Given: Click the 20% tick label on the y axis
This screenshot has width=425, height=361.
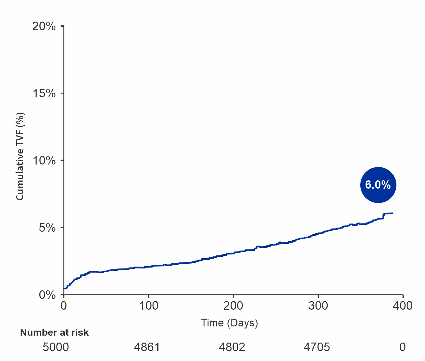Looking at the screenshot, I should [x=44, y=26].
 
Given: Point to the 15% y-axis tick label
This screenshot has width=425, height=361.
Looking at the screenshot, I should [x=44, y=93].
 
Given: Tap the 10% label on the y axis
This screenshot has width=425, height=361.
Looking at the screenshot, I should [x=44, y=161].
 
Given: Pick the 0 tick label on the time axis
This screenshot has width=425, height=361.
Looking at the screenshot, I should [x=64, y=306].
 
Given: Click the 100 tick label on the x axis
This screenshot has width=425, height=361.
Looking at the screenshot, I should [x=148, y=306].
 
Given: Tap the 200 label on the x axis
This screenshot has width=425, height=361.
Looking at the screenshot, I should [x=233, y=306].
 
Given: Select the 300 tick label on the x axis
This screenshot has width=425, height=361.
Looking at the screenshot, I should [x=318, y=306].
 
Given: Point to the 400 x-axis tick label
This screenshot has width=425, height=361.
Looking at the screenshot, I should [x=402, y=306].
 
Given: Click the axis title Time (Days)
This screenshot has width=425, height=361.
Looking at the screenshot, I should [x=229, y=323].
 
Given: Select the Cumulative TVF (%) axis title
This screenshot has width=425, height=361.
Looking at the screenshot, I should [x=20, y=156].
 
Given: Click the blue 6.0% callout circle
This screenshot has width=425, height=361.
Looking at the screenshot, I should [x=378, y=185].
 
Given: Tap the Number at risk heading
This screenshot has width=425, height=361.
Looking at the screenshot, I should [x=54, y=332].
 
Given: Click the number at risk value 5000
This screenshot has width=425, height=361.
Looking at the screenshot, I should [x=56, y=347].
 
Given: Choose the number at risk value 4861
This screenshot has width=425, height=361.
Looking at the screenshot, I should [x=147, y=347].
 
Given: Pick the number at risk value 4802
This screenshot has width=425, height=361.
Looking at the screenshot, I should [x=232, y=347].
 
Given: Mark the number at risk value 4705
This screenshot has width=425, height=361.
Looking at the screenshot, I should [x=317, y=347].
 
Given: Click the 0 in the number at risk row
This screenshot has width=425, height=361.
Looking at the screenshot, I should [x=402, y=347].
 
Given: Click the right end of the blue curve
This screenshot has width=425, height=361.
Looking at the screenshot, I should [x=393, y=213].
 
